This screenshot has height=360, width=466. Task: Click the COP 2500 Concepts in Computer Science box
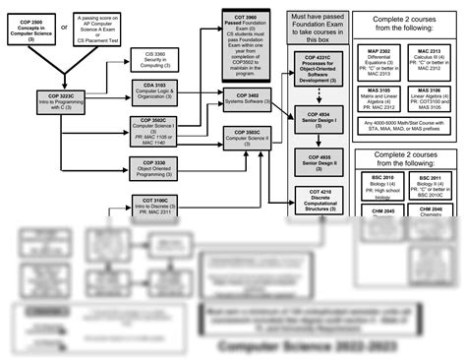tap(30, 29)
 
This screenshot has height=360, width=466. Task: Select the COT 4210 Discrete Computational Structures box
tap(312, 199)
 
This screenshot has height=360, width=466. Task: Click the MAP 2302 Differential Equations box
tap(378, 61)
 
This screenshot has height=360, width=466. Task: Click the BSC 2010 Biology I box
tap(378, 184)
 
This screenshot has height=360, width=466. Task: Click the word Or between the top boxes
tap(65, 27)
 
